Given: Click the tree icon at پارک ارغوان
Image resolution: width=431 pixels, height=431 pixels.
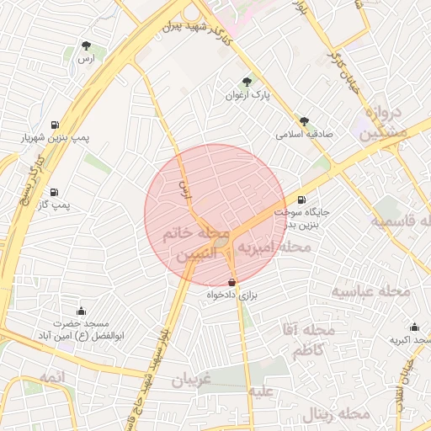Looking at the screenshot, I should [x=247, y=82].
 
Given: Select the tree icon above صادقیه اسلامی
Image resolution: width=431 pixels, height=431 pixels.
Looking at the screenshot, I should [x=304, y=120].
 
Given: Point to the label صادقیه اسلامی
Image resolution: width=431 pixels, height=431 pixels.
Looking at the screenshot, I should [x=305, y=134].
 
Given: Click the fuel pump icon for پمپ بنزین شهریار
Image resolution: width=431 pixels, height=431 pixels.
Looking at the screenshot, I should [x=56, y=123].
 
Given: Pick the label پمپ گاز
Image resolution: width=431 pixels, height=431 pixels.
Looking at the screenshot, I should [x=56, y=205].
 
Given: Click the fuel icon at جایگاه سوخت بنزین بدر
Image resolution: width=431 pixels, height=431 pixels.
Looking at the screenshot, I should [x=302, y=200].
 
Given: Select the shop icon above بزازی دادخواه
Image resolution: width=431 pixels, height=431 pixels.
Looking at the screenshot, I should [x=232, y=282].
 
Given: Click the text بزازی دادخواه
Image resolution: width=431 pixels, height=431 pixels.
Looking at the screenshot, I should [x=231, y=296].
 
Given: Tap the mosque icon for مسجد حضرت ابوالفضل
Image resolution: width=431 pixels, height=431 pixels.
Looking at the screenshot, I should [x=81, y=311].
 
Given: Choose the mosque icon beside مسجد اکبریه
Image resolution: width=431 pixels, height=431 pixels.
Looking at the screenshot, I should [x=414, y=327].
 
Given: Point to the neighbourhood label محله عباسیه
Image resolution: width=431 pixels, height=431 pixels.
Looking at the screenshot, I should [x=370, y=291].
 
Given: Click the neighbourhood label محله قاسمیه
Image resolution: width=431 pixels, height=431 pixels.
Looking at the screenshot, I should [x=402, y=221].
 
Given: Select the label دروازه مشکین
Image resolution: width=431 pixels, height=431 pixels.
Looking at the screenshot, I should [x=386, y=122].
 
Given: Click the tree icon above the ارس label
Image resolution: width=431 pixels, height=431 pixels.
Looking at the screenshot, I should [x=85, y=45].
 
